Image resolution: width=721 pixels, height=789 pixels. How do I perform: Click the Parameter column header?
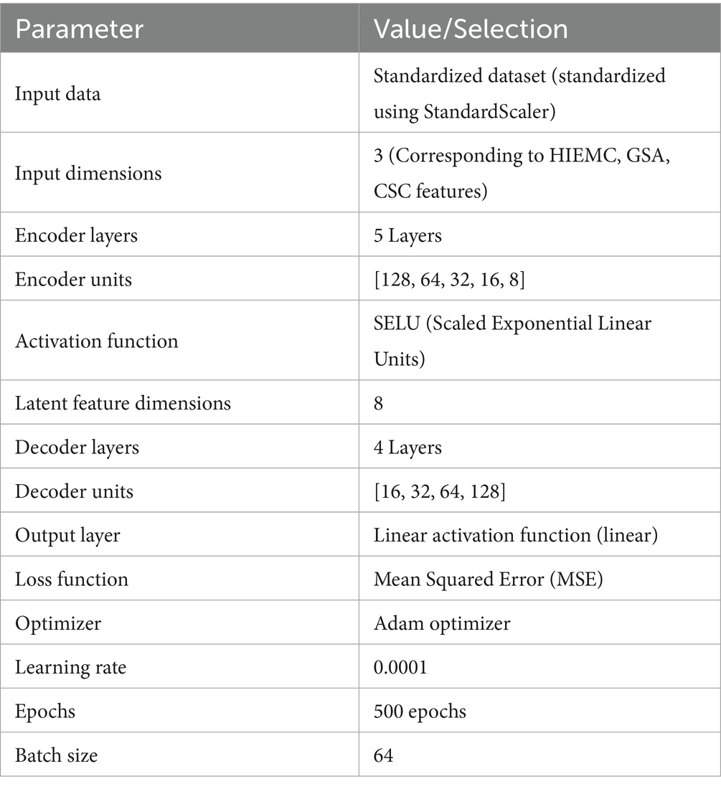point(79,29)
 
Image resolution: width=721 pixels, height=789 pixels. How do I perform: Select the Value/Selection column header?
point(471,29)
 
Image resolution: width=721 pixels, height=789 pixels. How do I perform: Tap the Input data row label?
point(57,94)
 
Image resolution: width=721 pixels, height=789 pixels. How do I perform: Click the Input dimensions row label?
point(88,174)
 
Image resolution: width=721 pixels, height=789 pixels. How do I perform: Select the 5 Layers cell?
point(407,236)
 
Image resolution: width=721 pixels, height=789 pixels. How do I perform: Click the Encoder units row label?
point(73,279)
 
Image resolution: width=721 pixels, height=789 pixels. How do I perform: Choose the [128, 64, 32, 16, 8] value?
point(450,279)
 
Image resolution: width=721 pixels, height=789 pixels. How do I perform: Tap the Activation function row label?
point(96,341)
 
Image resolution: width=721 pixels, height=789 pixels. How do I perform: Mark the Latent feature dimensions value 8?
point(379,403)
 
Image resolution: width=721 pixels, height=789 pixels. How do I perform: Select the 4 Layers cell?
point(407,448)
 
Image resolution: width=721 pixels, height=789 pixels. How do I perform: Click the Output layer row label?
point(67,535)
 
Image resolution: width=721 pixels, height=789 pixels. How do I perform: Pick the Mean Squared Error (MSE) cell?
point(488,579)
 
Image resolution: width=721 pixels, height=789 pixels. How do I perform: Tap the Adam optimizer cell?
point(442,623)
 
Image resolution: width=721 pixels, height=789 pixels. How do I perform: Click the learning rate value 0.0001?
point(400,667)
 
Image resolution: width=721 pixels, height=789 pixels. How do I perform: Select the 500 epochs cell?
point(420,711)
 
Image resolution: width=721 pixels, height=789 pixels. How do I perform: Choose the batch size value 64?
point(384,755)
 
